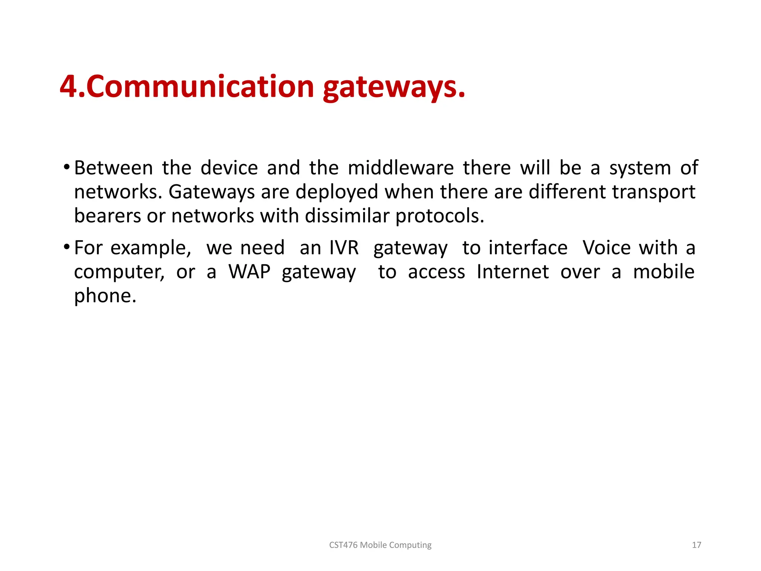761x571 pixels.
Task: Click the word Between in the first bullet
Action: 113,168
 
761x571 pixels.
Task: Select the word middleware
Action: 401,168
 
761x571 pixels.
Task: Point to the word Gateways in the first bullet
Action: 212,192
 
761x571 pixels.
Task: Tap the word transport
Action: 654,192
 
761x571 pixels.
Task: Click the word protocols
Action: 440,216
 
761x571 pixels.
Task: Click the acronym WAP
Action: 249,272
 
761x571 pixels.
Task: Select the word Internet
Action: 512,272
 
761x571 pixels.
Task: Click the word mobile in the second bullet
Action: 664,272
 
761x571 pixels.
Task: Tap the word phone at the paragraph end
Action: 105,296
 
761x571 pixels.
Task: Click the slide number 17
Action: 696,545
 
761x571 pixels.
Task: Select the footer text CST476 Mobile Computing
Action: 380,545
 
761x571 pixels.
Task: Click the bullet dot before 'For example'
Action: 67,246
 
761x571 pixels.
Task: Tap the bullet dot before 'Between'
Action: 67,167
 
